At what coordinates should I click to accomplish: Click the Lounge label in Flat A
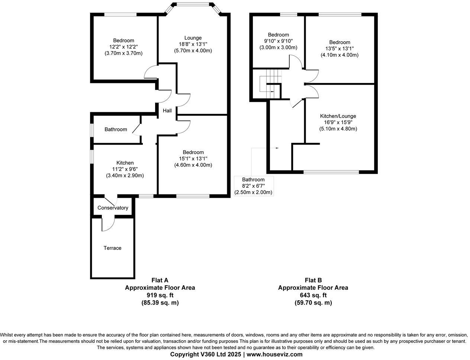193,38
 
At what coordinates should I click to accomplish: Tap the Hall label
167,110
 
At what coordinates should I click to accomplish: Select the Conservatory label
113,208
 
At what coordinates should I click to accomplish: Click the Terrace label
112,248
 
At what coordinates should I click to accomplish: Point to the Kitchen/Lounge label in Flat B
338,116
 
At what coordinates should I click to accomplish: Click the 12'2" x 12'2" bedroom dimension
123,47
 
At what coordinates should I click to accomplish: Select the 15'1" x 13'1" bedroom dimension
193,158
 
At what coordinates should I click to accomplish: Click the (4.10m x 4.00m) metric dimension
339,55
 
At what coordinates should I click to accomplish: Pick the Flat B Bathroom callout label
253,180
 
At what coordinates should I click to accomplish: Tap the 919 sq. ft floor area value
160,295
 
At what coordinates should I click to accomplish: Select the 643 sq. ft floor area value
313,295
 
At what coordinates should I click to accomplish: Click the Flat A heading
160,280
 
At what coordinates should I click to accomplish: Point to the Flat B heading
313,280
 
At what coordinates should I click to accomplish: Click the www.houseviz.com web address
274,354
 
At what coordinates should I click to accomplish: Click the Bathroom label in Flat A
116,129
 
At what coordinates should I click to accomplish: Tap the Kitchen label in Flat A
125,163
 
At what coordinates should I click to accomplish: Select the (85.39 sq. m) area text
160,303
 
